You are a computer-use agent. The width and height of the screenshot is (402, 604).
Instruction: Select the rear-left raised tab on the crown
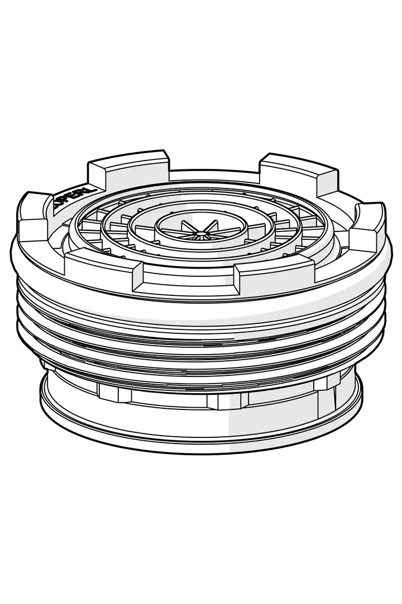128,168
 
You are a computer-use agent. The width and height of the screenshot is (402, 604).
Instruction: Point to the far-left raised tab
35,215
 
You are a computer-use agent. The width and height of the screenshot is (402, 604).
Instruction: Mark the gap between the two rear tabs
215,174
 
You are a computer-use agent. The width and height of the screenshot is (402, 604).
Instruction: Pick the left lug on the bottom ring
114,391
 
